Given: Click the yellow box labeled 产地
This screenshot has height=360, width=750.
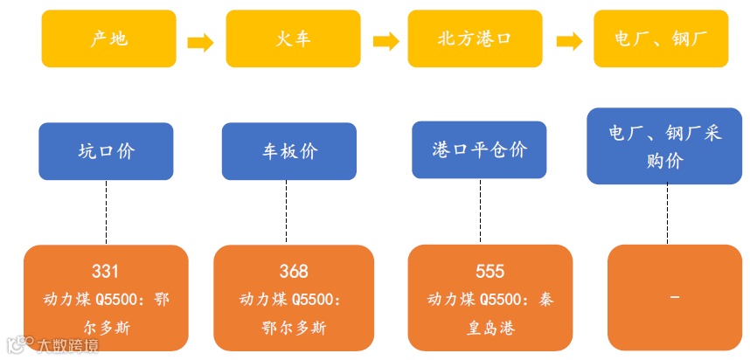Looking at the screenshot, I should tap(108, 39).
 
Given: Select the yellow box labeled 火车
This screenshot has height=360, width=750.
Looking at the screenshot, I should tap(292, 39).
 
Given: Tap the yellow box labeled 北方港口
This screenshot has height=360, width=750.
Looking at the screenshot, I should tap(474, 39).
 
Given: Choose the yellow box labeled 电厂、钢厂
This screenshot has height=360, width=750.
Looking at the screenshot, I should tap(660, 39).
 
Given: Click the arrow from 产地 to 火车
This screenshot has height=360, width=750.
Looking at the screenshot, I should tap(200, 42).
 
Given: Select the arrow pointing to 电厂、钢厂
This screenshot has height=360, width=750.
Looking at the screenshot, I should tap(570, 42).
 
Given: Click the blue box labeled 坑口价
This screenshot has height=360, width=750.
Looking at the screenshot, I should tap(106, 151).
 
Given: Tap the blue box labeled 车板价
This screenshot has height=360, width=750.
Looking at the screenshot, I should tap(288, 151).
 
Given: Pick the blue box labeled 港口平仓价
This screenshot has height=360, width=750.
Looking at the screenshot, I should tap(479, 149).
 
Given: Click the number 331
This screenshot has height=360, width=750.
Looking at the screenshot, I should tap(105, 271).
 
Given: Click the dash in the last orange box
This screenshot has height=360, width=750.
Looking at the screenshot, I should tap(674, 298).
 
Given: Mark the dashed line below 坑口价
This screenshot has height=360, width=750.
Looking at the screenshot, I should tap(106, 212).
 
